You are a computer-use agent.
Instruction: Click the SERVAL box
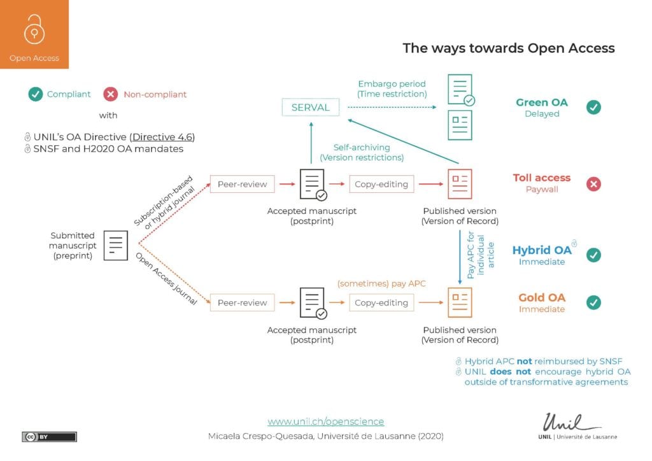point(310,108)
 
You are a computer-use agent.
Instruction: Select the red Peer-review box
point(241,185)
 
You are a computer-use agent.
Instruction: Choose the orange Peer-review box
point(241,302)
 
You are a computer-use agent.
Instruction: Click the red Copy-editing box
point(381,185)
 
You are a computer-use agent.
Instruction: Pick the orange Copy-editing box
point(381,302)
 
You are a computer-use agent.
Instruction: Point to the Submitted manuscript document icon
point(116,245)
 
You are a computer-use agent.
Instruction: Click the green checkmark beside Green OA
point(593,107)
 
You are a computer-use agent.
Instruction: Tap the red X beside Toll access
point(593,184)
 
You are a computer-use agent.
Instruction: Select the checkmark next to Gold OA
point(593,302)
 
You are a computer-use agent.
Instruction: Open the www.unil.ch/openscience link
point(325,422)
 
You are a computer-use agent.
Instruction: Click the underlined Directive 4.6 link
point(162,137)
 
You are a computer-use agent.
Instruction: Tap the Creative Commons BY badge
point(49,436)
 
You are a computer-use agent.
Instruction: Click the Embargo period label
point(392,84)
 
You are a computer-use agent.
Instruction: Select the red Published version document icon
point(460,185)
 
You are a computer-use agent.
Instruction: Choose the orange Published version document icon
point(460,302)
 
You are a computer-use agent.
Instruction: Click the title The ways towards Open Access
point(508,48)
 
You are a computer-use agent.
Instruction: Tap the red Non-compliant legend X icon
point(111,94)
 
